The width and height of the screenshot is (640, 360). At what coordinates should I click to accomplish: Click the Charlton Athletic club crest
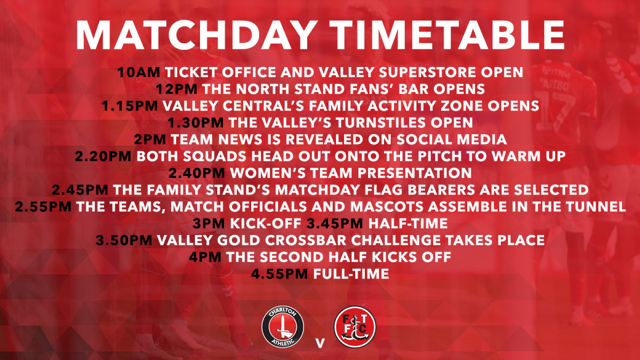point(283,327)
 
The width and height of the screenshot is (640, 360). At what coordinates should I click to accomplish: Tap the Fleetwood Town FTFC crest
point(355,327)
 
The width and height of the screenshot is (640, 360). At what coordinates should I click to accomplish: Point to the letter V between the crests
point(320,343)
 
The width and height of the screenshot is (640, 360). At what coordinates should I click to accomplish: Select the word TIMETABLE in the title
point(447,35)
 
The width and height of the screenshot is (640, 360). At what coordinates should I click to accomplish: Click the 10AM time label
point(139,73)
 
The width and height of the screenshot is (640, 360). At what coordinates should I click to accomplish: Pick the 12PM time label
point(177,89)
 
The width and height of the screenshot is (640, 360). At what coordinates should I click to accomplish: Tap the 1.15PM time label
point(130,106)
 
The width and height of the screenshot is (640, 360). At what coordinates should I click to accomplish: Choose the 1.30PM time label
point(195,123)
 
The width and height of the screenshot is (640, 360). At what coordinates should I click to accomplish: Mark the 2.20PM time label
point(103,156)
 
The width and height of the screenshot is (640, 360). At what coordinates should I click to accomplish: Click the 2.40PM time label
point(197,173)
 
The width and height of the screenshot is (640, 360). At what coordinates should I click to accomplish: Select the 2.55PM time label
point(43,207)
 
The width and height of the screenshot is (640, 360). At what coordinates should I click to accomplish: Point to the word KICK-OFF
point(266,223)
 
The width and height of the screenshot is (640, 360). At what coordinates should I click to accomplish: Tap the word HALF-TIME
point(408,223)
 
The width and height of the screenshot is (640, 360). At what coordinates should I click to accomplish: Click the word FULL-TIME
point(351,274)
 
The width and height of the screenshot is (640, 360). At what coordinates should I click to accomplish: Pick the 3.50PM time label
point(124,241)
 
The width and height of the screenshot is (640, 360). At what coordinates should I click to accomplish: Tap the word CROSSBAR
point(306,241)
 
